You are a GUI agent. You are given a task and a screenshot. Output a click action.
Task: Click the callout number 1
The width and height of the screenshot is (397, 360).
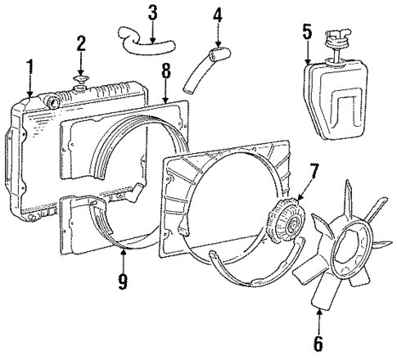pyautogui.click(x=29, y=68)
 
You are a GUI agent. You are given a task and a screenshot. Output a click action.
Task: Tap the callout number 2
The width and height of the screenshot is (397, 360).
pyautogui.click(x=81, y=43)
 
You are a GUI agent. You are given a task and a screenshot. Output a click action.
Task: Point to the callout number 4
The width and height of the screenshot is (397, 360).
pyautogui.click(x=217, y=15)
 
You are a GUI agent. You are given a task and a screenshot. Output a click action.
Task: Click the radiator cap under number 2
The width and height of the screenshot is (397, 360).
pyautogui.click(x=81, y=81)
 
